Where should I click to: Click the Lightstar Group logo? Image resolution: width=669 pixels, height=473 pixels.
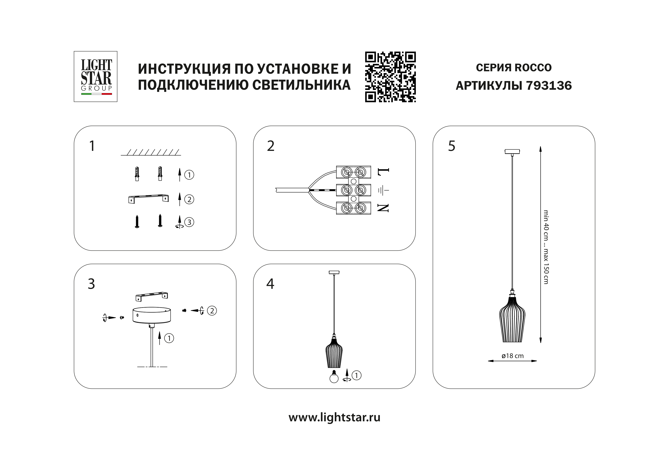(96, 76)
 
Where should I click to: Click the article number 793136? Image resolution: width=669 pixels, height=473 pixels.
(549, 86)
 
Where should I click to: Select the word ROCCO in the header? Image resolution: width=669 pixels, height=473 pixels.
(533, 68)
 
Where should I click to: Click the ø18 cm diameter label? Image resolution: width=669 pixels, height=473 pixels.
(513, 356)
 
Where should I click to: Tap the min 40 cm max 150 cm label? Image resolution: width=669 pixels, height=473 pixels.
(546, 247)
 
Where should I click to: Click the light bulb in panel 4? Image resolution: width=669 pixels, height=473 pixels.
(334, 377)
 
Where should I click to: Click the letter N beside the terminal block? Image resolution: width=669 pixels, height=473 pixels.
(383, 208)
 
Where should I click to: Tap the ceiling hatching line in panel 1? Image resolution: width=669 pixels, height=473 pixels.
(151, 152)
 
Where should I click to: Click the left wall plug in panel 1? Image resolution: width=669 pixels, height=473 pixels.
(137, 174)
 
